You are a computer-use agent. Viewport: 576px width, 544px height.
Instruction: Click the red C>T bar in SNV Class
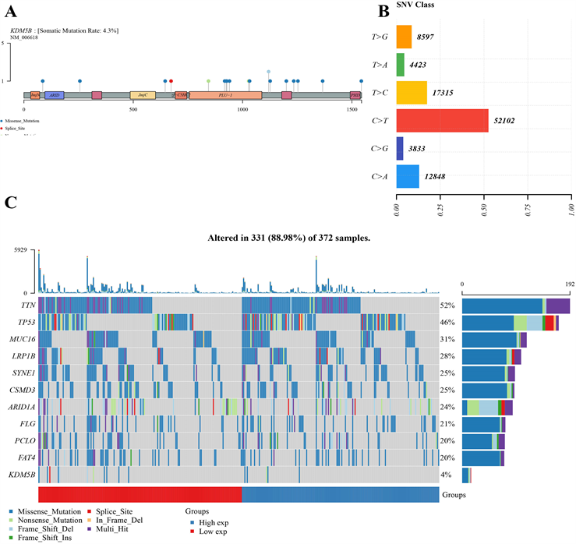(442, 121)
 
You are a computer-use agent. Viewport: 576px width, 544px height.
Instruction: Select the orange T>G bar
(404, 37)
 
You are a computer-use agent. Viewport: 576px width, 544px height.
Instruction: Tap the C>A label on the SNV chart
(380, 177)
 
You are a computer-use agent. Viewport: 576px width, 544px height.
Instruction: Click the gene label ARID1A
(21, 406)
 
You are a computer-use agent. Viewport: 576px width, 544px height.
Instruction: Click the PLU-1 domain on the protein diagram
(225, 94)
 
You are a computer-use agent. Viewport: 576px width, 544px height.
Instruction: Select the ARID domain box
(54, 94)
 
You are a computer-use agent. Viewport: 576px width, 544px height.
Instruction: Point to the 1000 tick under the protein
(242, 110)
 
